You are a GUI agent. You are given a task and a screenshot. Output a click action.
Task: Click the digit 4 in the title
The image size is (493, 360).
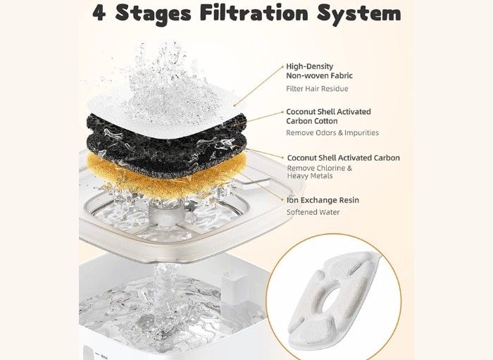click(x=99, y=13)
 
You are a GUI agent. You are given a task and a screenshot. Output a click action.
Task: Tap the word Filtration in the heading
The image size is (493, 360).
click(x=254, y=13)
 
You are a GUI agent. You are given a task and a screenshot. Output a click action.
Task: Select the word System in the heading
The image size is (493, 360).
click(x=358, y=14)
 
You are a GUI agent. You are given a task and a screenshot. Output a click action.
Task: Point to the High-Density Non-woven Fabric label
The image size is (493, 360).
click(x=319, y=71)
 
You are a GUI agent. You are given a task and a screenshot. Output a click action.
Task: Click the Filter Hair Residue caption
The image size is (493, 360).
click(x=317, y=89)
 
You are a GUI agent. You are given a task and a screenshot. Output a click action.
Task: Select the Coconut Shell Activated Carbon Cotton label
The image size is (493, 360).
click(x=328, y=116)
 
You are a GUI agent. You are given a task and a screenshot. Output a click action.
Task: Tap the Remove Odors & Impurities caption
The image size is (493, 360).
click(x=332, y=132)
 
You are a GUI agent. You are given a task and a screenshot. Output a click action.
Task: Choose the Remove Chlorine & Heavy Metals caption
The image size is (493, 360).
click(x=320, y=172)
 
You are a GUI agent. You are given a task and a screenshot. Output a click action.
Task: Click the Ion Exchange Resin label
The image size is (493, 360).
click(x=323, y=200)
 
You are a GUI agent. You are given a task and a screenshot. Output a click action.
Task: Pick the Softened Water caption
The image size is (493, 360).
click(x=313, y=212)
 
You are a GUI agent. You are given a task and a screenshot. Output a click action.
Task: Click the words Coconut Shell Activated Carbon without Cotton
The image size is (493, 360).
click(x=344, y=158)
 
